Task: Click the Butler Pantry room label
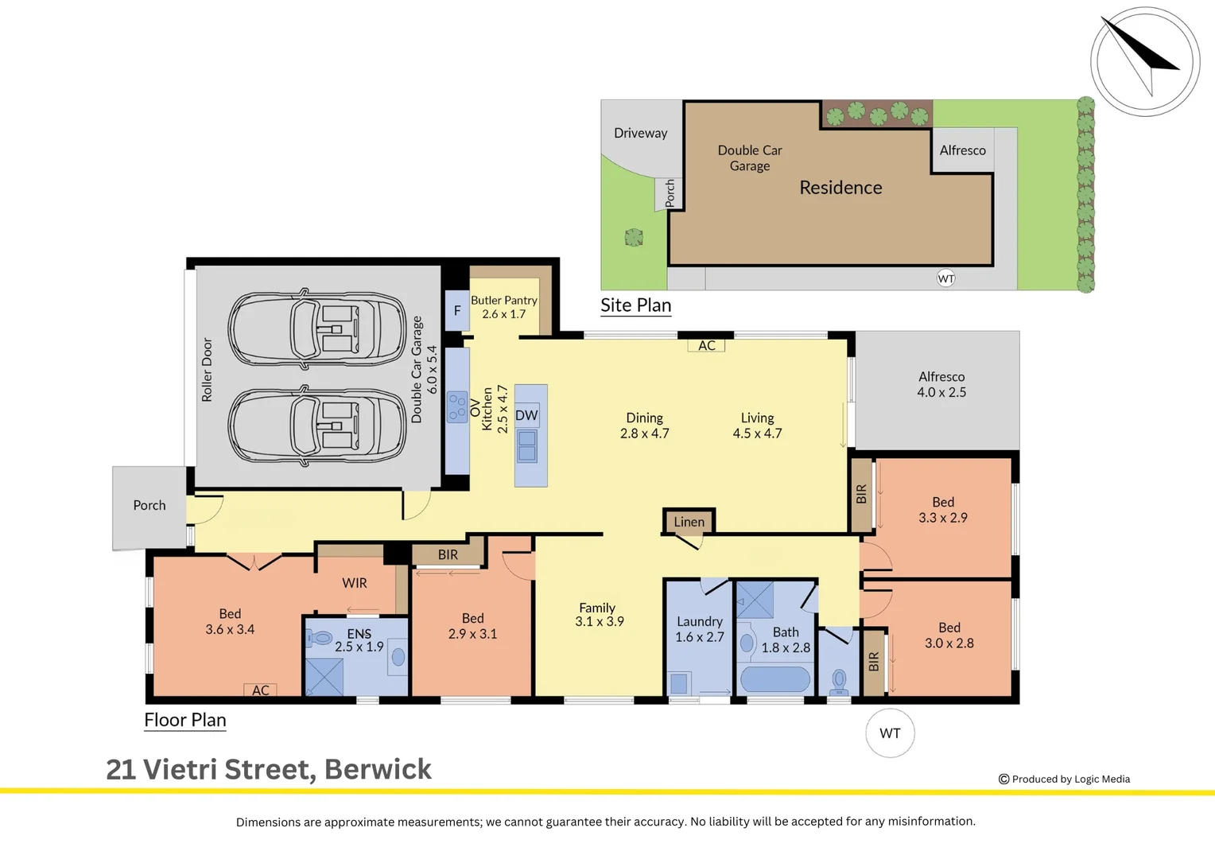pos(504,306)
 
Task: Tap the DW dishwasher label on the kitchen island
pos(526,416)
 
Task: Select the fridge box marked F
pos(457,310)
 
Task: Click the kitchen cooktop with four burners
pos(457,407)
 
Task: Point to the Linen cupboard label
pos(689,522)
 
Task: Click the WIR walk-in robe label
pos(354,583)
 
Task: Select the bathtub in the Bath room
pos(775,678)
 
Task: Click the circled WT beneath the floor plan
pos(890,733)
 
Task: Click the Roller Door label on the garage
pos(207,370)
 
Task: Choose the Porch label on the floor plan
pos(149,505)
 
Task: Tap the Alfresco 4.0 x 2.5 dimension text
pos(941,392)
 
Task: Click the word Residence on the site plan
pos(840,188)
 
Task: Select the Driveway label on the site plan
pos(641,134)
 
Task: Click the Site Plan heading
pos(635,305)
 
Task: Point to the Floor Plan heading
pos(185,720)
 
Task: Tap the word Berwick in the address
pos(378,769)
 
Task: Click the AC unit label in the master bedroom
pos(260,690)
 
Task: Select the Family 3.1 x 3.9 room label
pos(599,615)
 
